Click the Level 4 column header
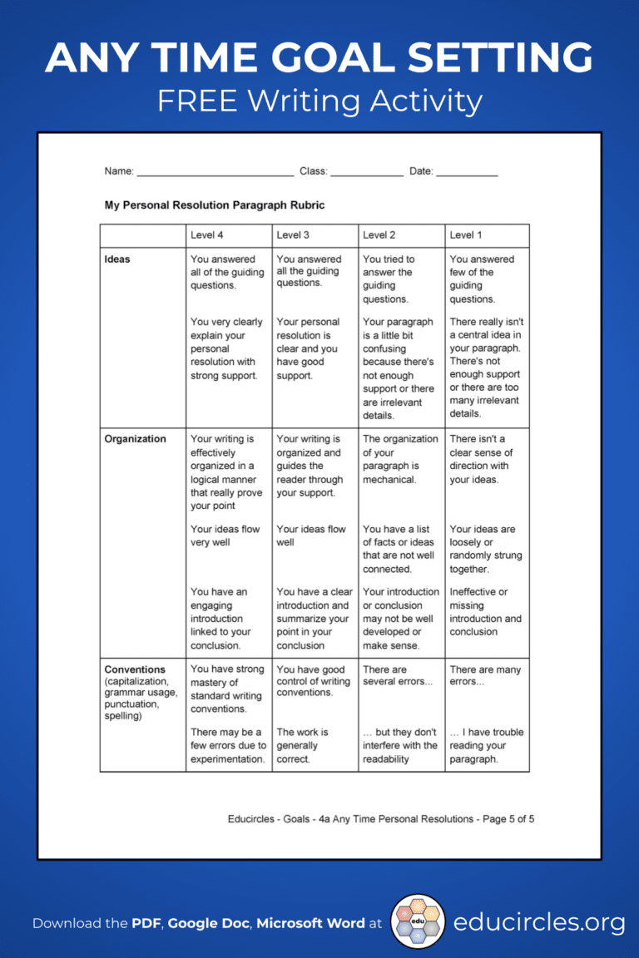[x=207, y=235]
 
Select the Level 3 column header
[x=293, y=235]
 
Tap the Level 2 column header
[x=379, y=235]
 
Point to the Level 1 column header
[x=465, y=235]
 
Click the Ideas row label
[x=117, y=259]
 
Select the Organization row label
[x=135, y=439]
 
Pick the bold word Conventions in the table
[x=135, y=669]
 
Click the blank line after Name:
[x=215, y=172]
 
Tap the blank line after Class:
[x=366, y=172]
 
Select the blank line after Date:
[x=467, y=172]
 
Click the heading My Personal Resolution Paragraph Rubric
[x=214, y=205]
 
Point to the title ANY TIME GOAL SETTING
[x=319, y=58]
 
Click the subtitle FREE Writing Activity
[x=319, y=101]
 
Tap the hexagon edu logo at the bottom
[x=418, y=921]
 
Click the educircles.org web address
[x=539, y=922]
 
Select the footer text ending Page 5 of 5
[x=381, y=819]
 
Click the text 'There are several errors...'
[x=398, y=675]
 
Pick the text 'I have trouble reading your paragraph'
[x=486, y=745]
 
